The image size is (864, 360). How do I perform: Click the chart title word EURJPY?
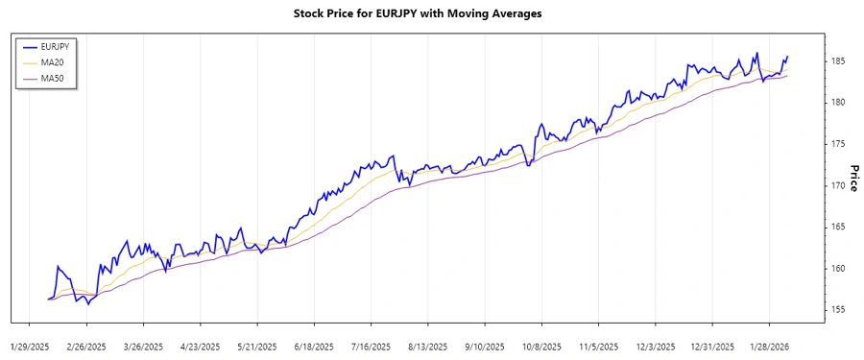pos(395,14)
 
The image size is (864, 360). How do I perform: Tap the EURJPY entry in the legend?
pos(59,46)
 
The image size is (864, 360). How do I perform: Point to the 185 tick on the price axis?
pos(838,61)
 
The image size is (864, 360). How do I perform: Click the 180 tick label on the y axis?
pos(838,103)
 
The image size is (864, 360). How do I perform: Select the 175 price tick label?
pos(838,144)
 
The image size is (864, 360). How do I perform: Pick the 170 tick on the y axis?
pos(838,185)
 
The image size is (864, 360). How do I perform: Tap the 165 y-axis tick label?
pos(838,227)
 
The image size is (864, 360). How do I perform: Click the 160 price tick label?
pos(838,269)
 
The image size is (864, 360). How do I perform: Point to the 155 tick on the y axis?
pos(838,310)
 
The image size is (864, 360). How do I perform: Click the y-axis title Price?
pos(852,179)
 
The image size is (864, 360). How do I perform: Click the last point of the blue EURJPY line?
pos(788,57)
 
